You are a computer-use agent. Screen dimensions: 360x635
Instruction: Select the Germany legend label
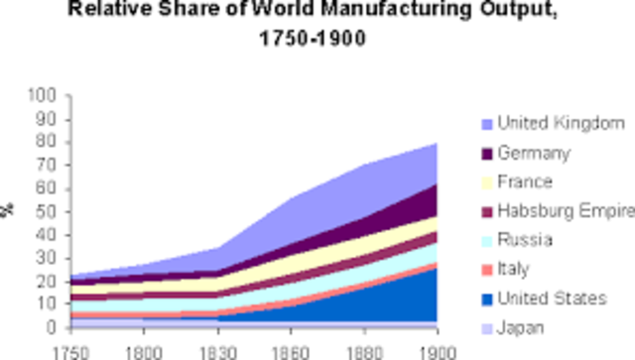coord(533,153)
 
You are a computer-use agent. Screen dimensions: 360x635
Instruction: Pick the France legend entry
coord(525,182)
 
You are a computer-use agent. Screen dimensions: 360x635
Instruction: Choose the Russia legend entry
coord(525,240)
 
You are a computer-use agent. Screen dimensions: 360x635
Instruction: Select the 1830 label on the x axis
coord(216,350)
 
